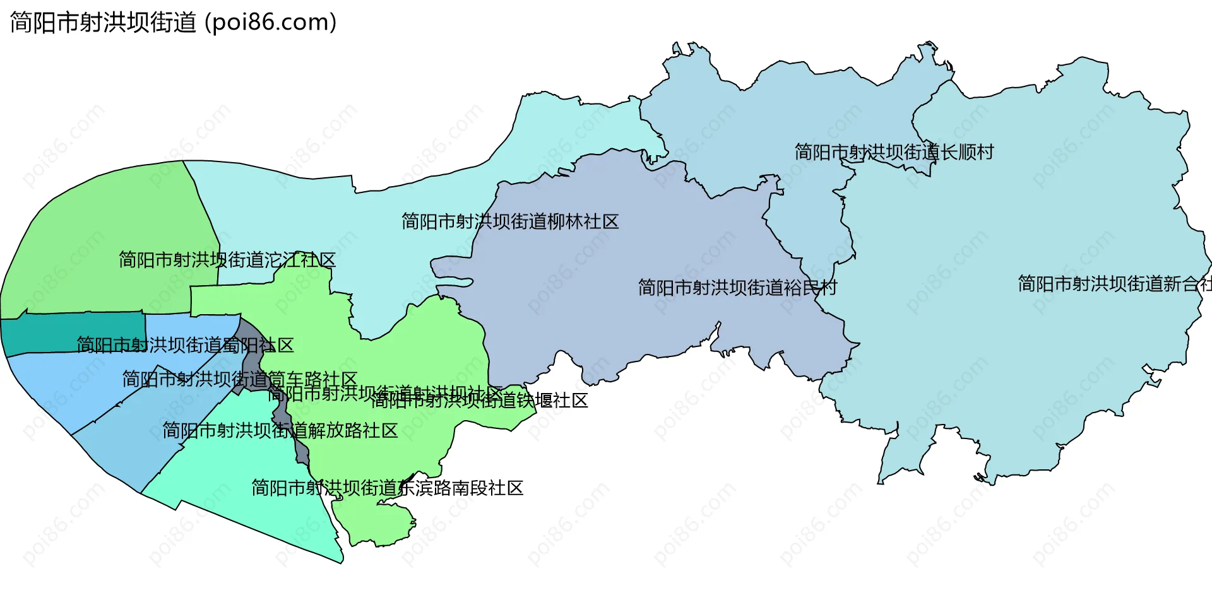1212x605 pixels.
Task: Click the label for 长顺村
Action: tap(894, 153)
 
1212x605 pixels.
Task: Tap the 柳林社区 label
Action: tap(510, 222)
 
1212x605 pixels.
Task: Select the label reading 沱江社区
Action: tap(227, 260)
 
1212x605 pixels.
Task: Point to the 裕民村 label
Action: tap(737, 288)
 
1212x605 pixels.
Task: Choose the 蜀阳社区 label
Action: tap(185, 346)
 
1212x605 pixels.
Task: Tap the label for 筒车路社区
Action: tap(240, 380)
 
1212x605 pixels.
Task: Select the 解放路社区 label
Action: tap(280, 431)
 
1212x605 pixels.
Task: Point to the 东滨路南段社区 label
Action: tap(388, 488)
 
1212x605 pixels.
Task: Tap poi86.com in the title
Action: tap(271, 23)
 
